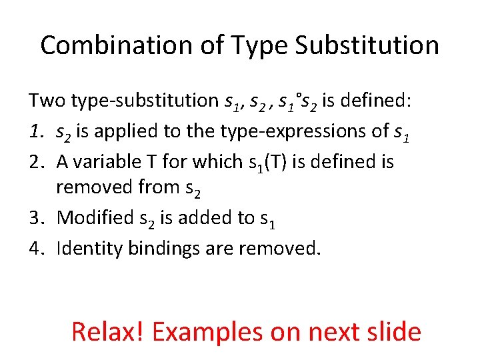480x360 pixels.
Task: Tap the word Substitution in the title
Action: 367,45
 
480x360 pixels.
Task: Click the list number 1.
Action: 35,131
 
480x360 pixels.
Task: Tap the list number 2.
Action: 36,161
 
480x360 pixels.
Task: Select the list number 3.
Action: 36,218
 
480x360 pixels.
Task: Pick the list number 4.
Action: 36,248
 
